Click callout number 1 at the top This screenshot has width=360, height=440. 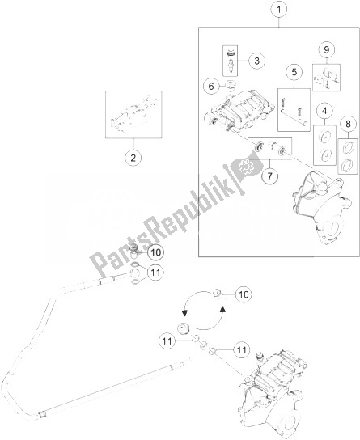coord(279,10)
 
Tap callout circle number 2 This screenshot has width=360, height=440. coord(133,158)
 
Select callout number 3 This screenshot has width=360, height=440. coord(256,61)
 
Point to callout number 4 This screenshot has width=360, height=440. coord(324,111)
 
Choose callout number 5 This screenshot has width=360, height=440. coord(294,72)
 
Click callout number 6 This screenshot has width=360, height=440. coord(211,87)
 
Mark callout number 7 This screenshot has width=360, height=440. coord(269,176)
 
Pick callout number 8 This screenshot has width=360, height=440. coord(348,124)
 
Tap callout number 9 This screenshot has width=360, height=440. coord(327,49)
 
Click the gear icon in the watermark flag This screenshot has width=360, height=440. coord(246,167)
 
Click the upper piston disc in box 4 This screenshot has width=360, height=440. coord(324,137)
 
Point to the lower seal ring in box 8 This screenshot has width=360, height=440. coord(348,164)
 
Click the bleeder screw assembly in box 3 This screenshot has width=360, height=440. coord(231,61)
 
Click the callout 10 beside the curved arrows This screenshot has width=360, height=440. coord(244,294)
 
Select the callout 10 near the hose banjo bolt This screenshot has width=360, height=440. coord(155,252)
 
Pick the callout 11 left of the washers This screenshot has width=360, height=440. coord(167,341)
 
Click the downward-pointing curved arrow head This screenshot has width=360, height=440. coord(184,312)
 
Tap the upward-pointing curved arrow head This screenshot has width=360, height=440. coord(222,309)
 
